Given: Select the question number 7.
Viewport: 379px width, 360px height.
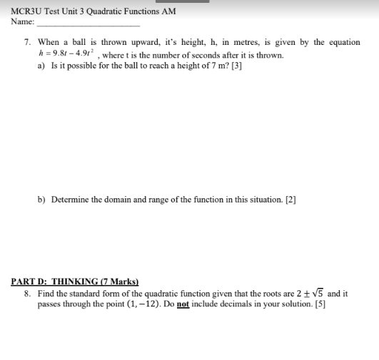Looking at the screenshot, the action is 26,43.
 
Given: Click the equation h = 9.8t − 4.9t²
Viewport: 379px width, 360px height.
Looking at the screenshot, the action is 68,55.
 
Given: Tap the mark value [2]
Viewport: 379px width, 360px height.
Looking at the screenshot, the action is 290,200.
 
